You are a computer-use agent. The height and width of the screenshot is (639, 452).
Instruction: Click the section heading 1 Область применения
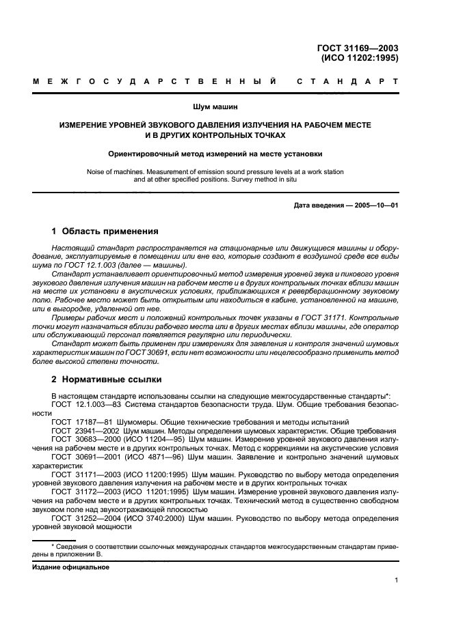tap(105, 231)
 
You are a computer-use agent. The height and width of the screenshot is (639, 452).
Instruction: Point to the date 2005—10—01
tap(375, 205)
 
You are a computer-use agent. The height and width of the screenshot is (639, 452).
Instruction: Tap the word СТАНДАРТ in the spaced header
tap(347, 83)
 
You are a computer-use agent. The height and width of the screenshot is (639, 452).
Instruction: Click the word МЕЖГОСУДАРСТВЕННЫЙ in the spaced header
tap(155, 83)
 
